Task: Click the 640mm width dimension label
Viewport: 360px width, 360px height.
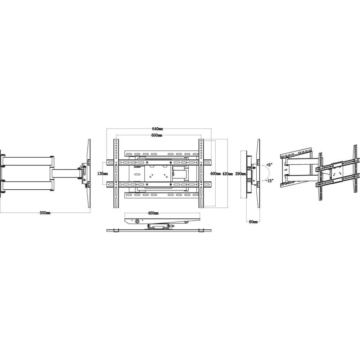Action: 158,129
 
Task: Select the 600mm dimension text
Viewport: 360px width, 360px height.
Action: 157,135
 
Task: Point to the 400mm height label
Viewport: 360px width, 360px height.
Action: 215,174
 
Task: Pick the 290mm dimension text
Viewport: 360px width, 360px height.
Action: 240,174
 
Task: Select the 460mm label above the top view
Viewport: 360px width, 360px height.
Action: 153,213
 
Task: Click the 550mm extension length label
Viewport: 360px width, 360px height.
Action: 45,213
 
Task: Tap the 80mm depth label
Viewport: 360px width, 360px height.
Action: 253,222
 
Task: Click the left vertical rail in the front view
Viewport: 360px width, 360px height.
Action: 116,173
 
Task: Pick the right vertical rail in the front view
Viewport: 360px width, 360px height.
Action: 201,173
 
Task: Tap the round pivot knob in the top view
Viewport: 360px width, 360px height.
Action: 138,221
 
